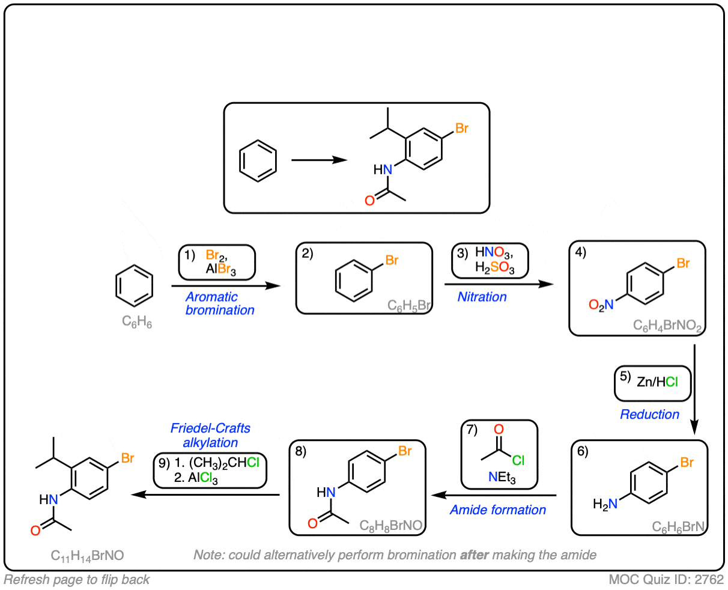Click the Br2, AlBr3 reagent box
click(217, 262)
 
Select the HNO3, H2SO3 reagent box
click(490, 261)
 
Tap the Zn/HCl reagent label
click(657, 382)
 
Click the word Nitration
click(482, 297)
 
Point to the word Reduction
click(649, 414)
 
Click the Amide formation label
click(497, 509)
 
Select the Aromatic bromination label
click(220, 303)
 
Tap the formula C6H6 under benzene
click(137, 321)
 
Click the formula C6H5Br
click(409, 305)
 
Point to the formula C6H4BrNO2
click(667, 325)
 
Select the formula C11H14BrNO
click(87, 556)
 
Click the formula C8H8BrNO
click(390, 526)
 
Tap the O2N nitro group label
click(601, 305)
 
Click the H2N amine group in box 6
click(605, 504)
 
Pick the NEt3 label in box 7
click(502, 477)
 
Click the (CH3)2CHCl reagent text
click(224, 463)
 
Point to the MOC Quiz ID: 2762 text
click(666, 579)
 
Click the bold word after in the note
click(475, 555)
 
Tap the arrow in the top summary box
click(319, 160)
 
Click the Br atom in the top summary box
click(461, 128)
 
